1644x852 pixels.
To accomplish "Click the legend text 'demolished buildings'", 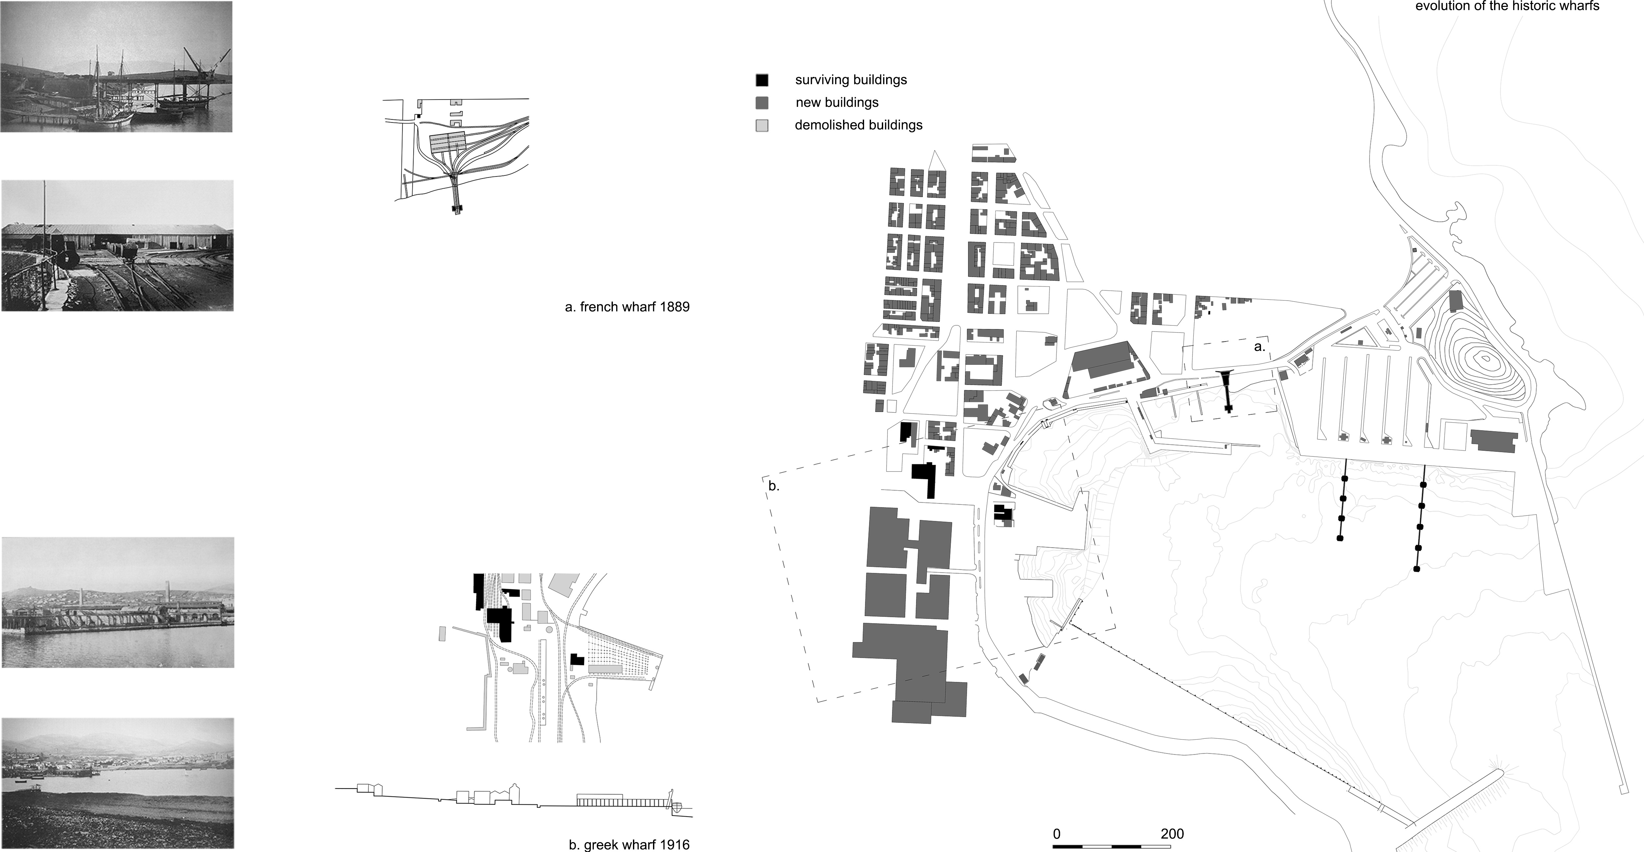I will pos(858,125).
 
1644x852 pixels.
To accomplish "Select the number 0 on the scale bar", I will pos(1057,834).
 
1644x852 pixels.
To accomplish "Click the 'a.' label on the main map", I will pos(1259,347).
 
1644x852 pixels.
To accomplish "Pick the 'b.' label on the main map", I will pos(773,486).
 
